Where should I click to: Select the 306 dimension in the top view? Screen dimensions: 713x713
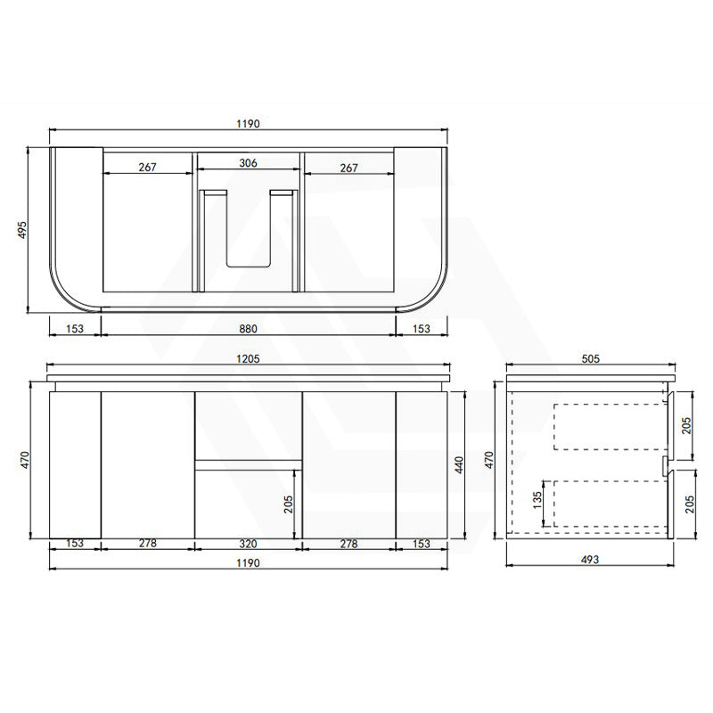(x=249, y=163)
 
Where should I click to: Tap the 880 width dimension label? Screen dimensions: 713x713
(x=249, y=328)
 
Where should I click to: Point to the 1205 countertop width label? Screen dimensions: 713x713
(x=249, y=359)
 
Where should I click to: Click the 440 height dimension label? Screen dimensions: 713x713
(x=459, y=464)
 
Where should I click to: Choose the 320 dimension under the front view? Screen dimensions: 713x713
(x=249, y=544)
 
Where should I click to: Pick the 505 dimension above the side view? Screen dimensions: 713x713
(x=591, y=359)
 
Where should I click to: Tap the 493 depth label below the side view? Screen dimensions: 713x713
(x=590, y=560)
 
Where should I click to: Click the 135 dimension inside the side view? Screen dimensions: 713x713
(x=537, y=500)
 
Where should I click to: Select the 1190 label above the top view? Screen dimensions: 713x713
(x=249, y=124)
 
